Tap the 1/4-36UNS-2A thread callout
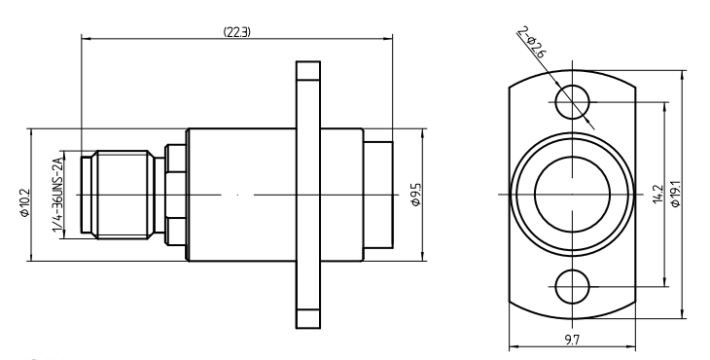(x=57, y=194)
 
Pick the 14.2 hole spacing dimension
(x=658, y=194)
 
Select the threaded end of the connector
(x=121, y=194)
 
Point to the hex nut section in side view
(x=175, y=194)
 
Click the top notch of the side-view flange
(x=307, y=71)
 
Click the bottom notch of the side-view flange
(x=307, y=317)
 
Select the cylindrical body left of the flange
(x=238, y=194)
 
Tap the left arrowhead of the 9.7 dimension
(x=512, y=347)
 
